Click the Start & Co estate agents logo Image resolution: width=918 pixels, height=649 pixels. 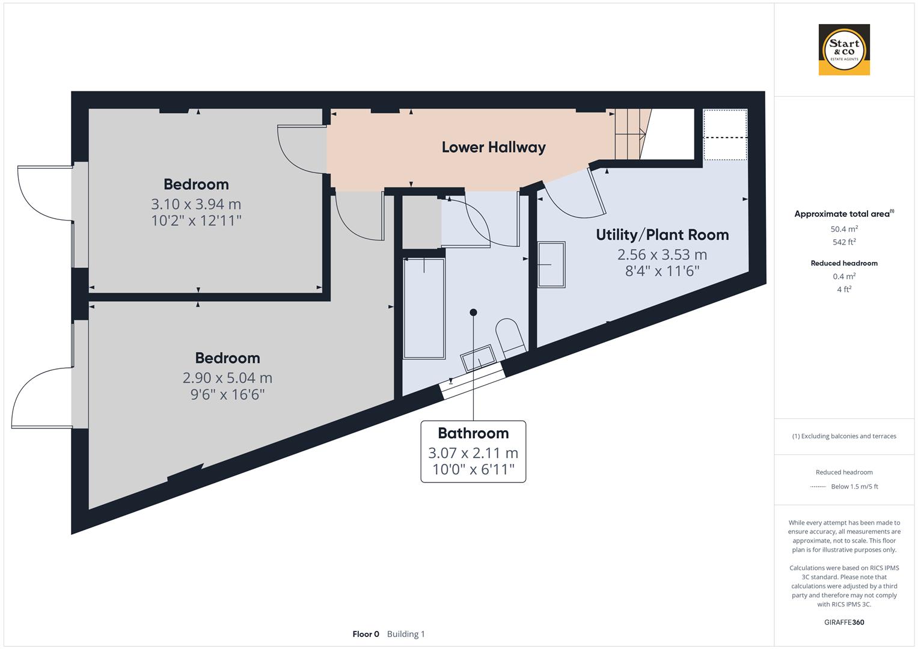tap(844, 49)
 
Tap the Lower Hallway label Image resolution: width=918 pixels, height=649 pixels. tap(494, 147)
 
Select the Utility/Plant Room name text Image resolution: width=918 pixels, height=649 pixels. tap(662, 235)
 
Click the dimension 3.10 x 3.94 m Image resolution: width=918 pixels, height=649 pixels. tap(196, 204)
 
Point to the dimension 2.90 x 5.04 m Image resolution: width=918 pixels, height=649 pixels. tap(227, 378)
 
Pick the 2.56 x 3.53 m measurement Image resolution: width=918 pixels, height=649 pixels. tap(662, 255)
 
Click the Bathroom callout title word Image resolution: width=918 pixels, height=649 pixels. tap(473, 433)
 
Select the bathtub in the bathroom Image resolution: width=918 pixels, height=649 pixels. tap(424, 308)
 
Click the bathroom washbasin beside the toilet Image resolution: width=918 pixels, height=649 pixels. tap(479, 358)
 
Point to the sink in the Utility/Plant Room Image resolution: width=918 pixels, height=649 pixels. tap(551, 264)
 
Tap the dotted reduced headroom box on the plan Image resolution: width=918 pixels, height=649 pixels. tap(725, 135)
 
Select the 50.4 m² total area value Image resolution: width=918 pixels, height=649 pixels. tap(844, 228)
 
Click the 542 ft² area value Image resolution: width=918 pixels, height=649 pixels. tap(844, 242)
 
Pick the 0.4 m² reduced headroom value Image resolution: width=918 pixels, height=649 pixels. tap(844, 276)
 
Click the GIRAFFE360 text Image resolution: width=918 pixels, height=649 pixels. tap(844, 622)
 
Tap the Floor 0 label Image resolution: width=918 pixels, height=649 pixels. tap(366, 634)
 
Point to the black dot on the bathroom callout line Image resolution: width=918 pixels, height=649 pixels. tap(473, 312)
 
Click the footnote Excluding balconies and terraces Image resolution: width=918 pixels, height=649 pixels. tap(844, 436)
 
